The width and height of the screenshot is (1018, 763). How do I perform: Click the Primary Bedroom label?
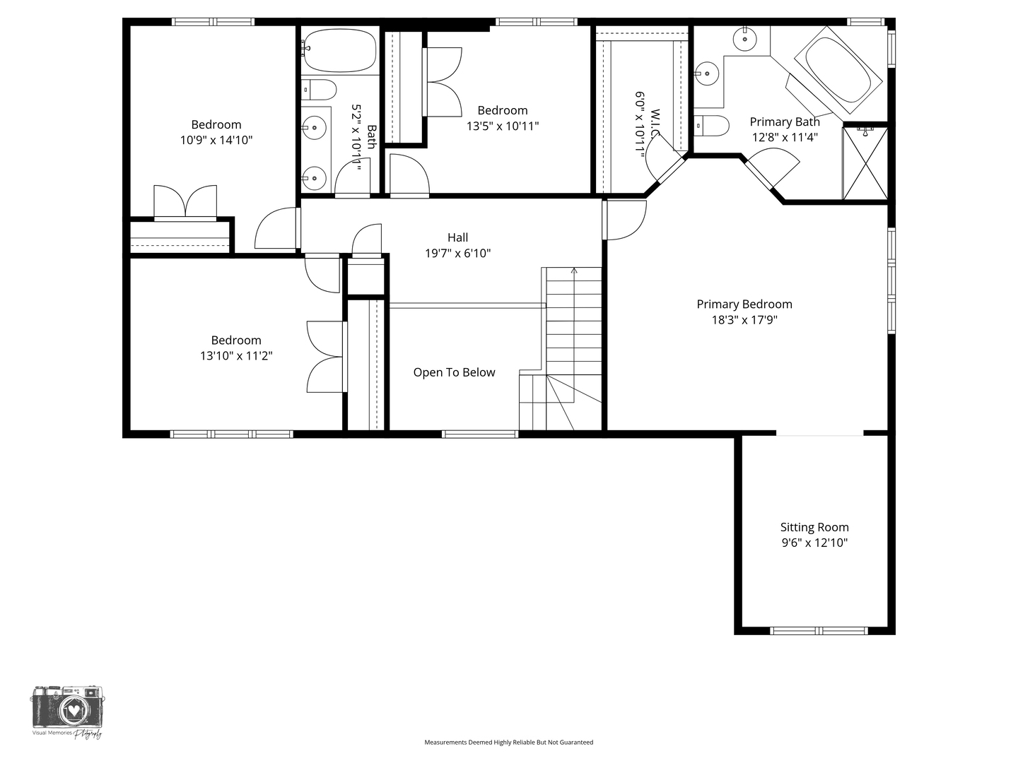[744, 304]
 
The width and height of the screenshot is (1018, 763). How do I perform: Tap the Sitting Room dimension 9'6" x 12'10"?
[814, 543]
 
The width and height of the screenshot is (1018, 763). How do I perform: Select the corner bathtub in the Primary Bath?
[838, 69]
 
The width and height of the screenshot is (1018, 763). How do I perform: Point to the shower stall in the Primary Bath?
[865, 162]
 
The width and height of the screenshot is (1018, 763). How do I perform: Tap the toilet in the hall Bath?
[320, 90]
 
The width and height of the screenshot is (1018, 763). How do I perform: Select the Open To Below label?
[454, 372]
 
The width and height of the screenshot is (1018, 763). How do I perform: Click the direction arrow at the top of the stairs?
[574, 271]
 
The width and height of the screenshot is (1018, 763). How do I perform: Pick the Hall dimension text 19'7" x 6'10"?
[457, 254]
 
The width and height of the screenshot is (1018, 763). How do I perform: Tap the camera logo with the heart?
[67, 708]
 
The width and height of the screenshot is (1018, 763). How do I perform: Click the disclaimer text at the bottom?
[508, 743]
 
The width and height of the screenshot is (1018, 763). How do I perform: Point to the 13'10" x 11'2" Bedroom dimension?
[236, 356]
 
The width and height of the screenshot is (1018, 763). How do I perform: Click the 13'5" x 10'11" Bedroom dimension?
[503, 126]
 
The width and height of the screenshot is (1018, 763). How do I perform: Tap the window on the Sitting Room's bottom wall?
[819, 630]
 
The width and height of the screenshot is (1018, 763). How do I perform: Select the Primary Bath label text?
[785, 122]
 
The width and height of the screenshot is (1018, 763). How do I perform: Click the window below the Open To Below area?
[480, 434]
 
